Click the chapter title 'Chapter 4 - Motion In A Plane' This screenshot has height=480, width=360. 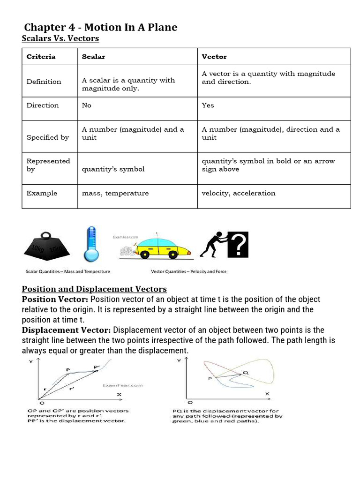100,27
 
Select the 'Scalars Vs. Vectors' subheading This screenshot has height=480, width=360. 60,38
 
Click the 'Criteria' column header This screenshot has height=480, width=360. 41,57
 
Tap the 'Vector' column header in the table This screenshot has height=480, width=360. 214,57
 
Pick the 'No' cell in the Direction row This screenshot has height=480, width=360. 87,105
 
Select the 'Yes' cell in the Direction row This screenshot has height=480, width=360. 208,105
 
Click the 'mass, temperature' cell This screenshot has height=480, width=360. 115,193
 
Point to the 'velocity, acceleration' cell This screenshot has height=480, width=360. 239,193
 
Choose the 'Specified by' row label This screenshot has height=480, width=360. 47,137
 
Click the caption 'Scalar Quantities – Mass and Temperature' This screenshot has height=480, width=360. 68,271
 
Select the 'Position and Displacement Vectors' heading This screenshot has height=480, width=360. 94,289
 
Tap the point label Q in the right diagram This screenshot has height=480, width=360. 245,372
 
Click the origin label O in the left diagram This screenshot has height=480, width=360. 41,403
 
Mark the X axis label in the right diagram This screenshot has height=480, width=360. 267,394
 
